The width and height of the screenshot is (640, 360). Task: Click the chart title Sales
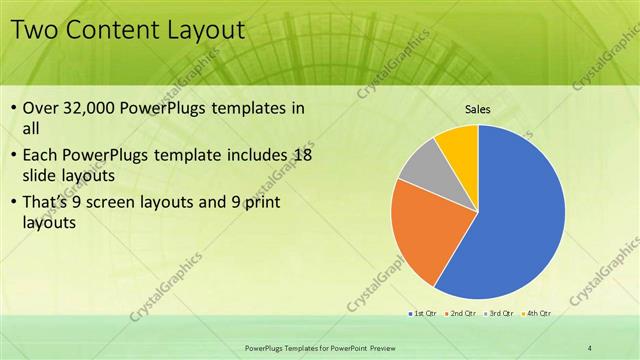coord(478,110)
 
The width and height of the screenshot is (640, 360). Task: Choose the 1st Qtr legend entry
coord(423,313)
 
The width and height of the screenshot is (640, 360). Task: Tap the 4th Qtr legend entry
coord(535,313)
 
